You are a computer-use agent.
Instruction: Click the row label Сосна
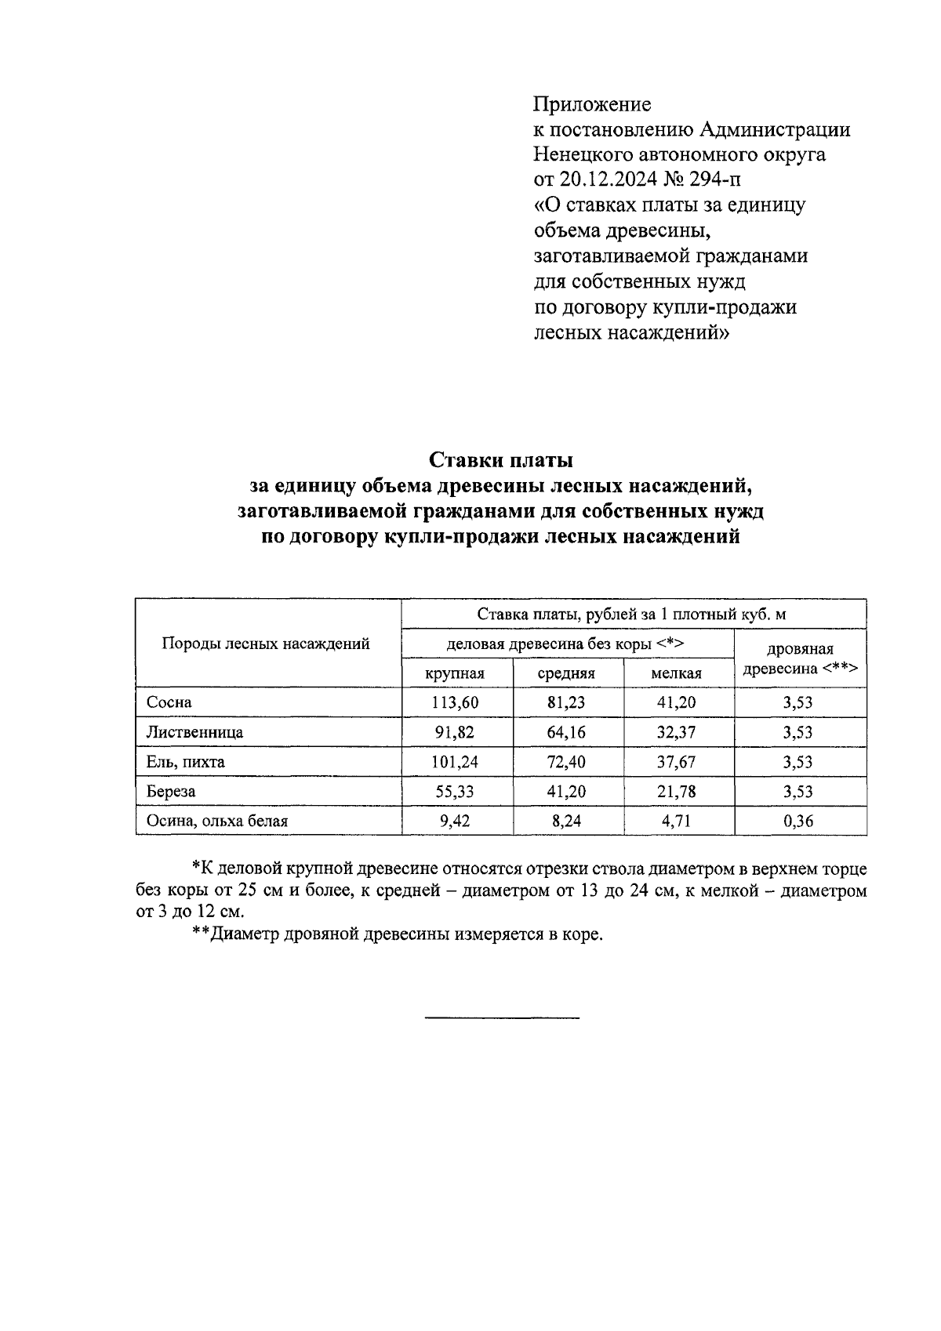pyautogui.click(x=169, y=702)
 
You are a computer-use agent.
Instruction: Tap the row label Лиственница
pyautogui.click(x=194, y=732)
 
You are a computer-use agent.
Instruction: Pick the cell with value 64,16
pyautogui.click(x=566, y=732)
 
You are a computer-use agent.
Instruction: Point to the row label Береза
pyautogui.click(x=171, y=792)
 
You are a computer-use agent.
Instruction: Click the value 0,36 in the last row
pyautogui.click(x=798, y=821)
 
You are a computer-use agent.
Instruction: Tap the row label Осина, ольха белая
pyautogui.click(x=217, y=821)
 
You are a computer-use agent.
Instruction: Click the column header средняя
pyautogui.click(x=566, y=673)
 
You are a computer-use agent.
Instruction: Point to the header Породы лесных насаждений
pyautogui.click(x=265, y=644)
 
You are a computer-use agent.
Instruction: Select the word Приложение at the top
pyautogui.click(x=592, y=103)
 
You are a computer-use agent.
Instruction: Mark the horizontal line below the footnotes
pyautogui.click(x=502, y=1017)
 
